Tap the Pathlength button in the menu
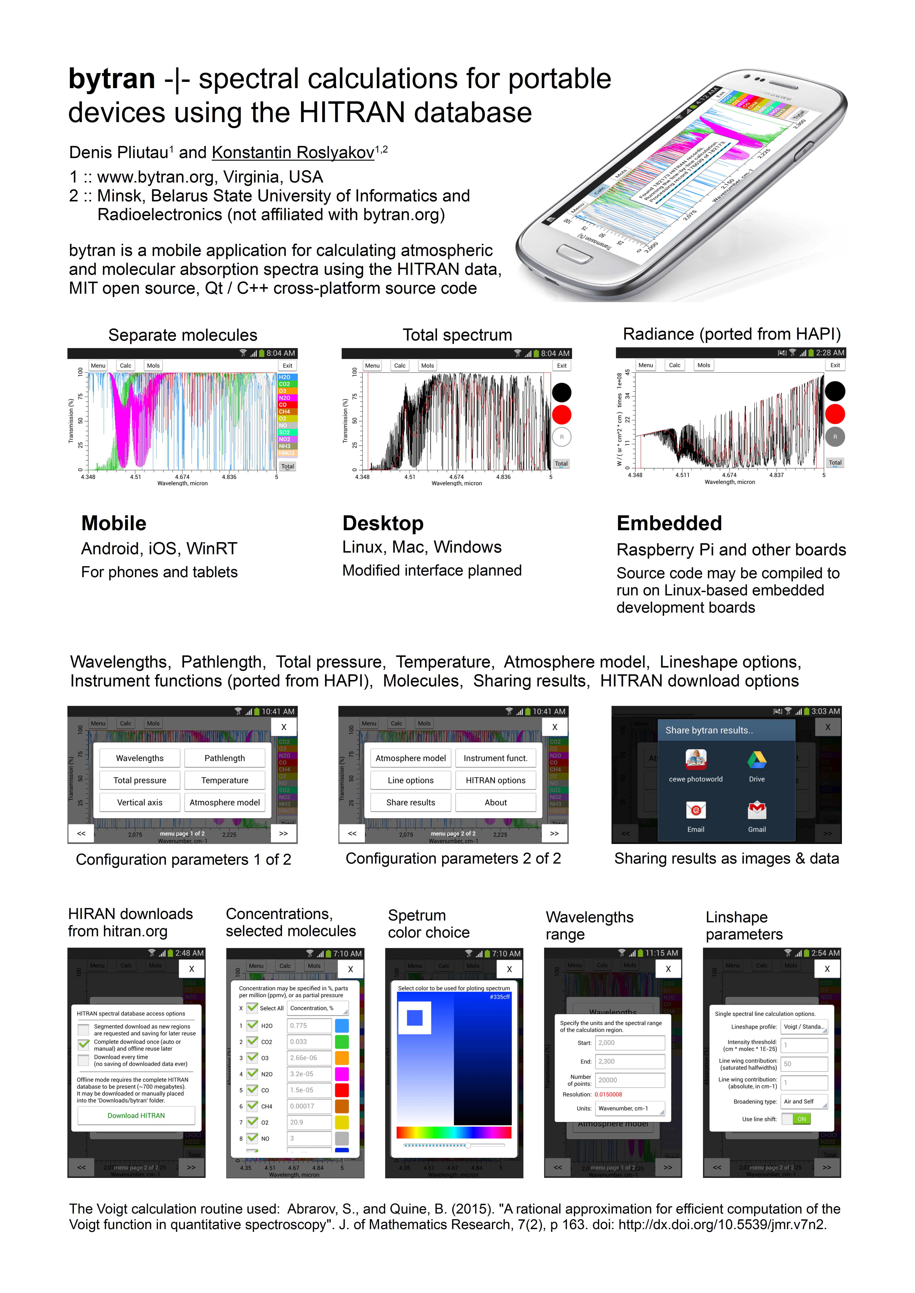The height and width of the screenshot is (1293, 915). coord(224,758)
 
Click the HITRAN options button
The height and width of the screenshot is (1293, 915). coord(495,780)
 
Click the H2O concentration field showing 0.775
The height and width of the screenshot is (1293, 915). coord(309,1026)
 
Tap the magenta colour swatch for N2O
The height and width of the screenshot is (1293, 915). coord(341,1074)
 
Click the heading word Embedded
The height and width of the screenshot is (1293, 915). coord(669,523)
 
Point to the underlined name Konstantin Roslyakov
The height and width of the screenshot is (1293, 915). coord(293,153)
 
